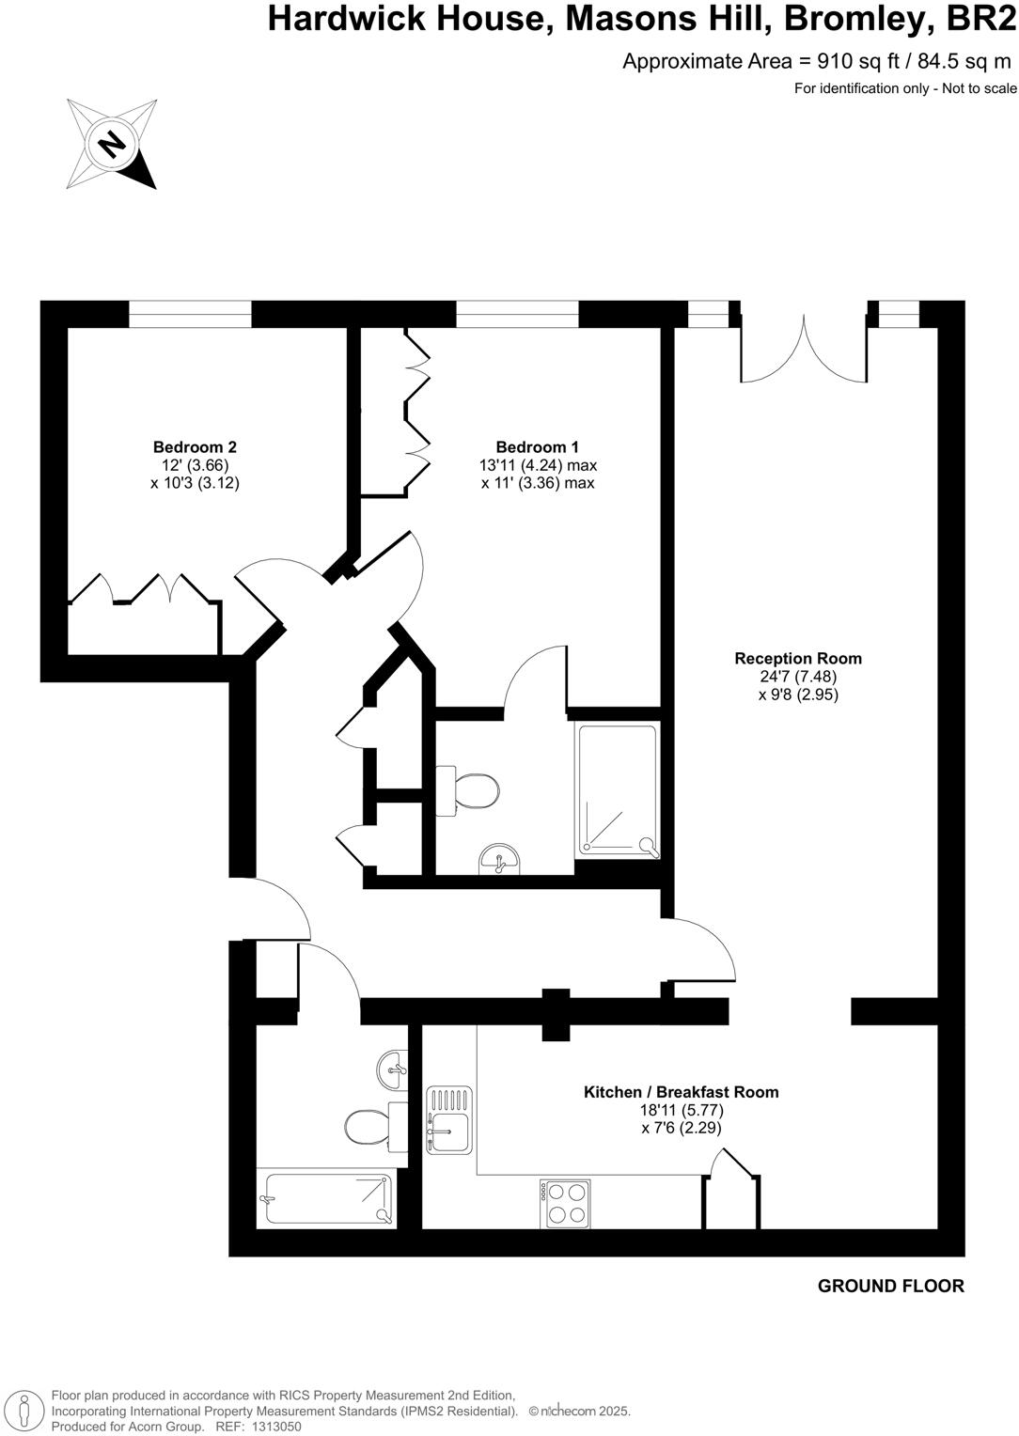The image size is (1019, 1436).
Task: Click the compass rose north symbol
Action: coord(112,144)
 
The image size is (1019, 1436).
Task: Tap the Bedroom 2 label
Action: coord(188,447)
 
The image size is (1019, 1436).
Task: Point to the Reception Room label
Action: coord(797,659)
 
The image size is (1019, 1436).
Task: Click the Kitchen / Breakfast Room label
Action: coord(681,1092)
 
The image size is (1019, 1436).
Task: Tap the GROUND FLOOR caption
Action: coord(890,1287)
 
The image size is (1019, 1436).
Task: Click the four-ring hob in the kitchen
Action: coord(565,1204)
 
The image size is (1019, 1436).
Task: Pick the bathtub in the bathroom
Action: coord(327,1198)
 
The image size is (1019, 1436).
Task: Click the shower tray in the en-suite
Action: coord(618,789)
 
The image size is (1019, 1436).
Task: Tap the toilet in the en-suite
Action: coord(474,790)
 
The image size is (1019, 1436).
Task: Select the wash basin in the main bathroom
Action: coord(394,1068)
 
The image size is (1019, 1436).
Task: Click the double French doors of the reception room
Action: coord(804,350)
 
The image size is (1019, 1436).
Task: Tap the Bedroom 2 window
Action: coord(190,314)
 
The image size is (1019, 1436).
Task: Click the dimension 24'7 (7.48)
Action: coord(797,677)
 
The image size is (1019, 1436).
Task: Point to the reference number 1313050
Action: coord(271,1426)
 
